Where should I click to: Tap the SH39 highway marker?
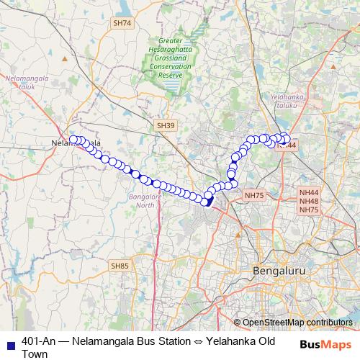[166, 125]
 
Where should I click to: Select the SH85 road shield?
[120, 266]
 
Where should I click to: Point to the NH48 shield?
[309, 201]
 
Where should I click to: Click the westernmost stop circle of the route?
[73, 139]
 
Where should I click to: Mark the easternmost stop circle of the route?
[287, 139]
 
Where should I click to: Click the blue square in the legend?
[10, 343]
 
